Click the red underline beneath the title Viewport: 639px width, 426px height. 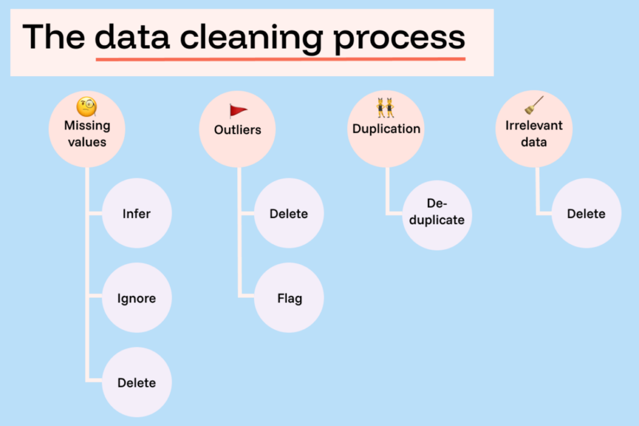[280, 59]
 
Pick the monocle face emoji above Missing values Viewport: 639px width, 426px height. [87, 107]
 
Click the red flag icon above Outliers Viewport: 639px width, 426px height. [238, 111]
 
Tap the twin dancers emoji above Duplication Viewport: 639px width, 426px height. [385, 108]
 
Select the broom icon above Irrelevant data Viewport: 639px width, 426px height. [534, 106]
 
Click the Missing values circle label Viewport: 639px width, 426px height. [87, 133]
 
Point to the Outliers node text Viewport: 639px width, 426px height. [237, 130]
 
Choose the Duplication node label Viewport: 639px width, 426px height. [386, 129]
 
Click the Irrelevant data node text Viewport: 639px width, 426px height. [534, 133]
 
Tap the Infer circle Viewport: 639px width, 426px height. [137, 214]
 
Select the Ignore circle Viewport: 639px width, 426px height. [137, 298]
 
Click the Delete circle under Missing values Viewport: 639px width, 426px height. [137, 382]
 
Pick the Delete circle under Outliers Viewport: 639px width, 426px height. [289, 214]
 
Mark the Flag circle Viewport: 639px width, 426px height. [289, 298]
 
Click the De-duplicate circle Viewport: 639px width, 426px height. [437, 214]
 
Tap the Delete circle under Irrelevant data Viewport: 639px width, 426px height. [586, 214]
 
